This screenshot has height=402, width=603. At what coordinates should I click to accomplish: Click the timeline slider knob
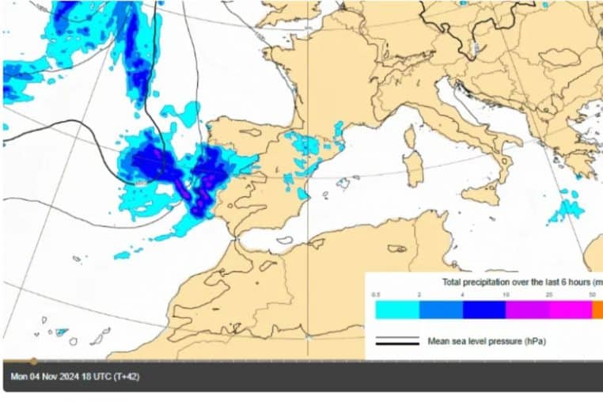click(33, 361)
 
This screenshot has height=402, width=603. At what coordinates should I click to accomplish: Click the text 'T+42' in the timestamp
click(127, 377)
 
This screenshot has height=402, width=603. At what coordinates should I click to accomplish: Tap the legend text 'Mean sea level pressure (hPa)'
click(487, 342)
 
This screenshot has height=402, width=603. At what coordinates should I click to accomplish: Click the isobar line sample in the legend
click(396, 342)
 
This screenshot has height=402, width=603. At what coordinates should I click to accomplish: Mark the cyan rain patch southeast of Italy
click(567, 210)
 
